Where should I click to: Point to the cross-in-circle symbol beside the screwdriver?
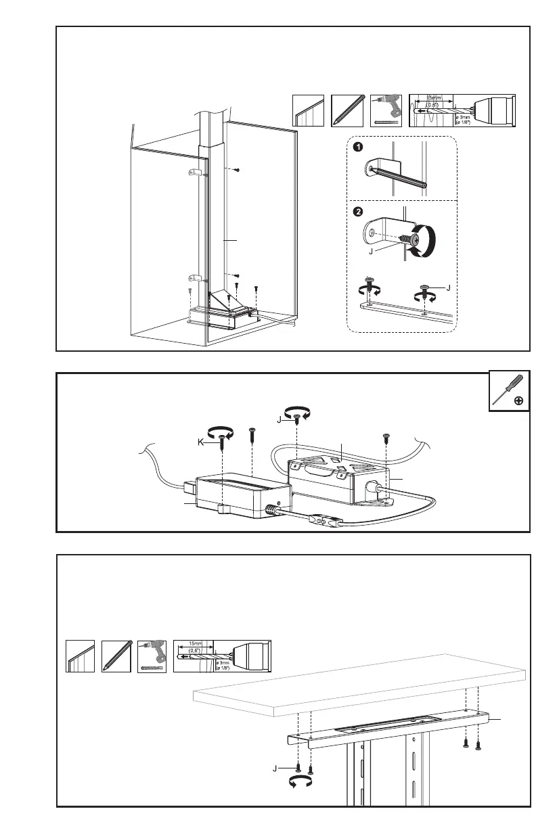click(518, 401)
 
